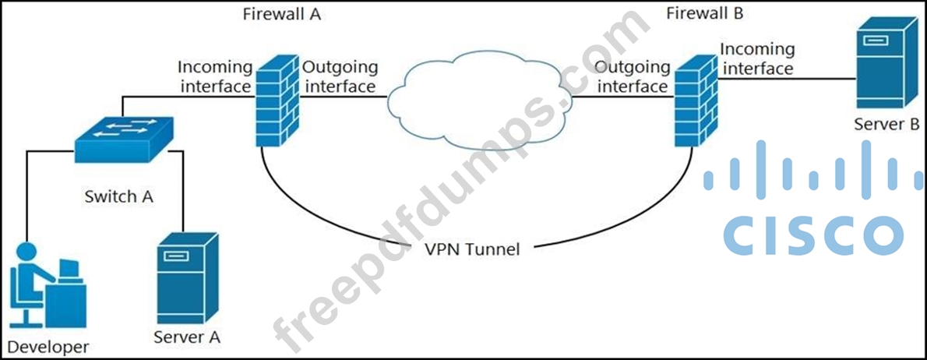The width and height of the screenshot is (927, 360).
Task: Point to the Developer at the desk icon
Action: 48,284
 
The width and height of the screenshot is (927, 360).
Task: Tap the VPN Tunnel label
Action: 472,249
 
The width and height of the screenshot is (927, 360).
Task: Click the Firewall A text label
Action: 282,14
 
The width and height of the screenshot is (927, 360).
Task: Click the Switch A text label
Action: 118,196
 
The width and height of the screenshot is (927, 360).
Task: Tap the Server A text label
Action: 186,337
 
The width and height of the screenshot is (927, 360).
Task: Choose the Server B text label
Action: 886,125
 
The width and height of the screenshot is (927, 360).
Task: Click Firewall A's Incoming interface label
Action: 216,76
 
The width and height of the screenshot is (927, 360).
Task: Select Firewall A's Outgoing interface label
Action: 340,76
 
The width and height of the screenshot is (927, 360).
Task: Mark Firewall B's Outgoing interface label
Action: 632,76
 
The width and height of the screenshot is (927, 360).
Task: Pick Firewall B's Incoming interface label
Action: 757,59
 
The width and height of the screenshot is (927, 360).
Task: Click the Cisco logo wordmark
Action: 813,232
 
